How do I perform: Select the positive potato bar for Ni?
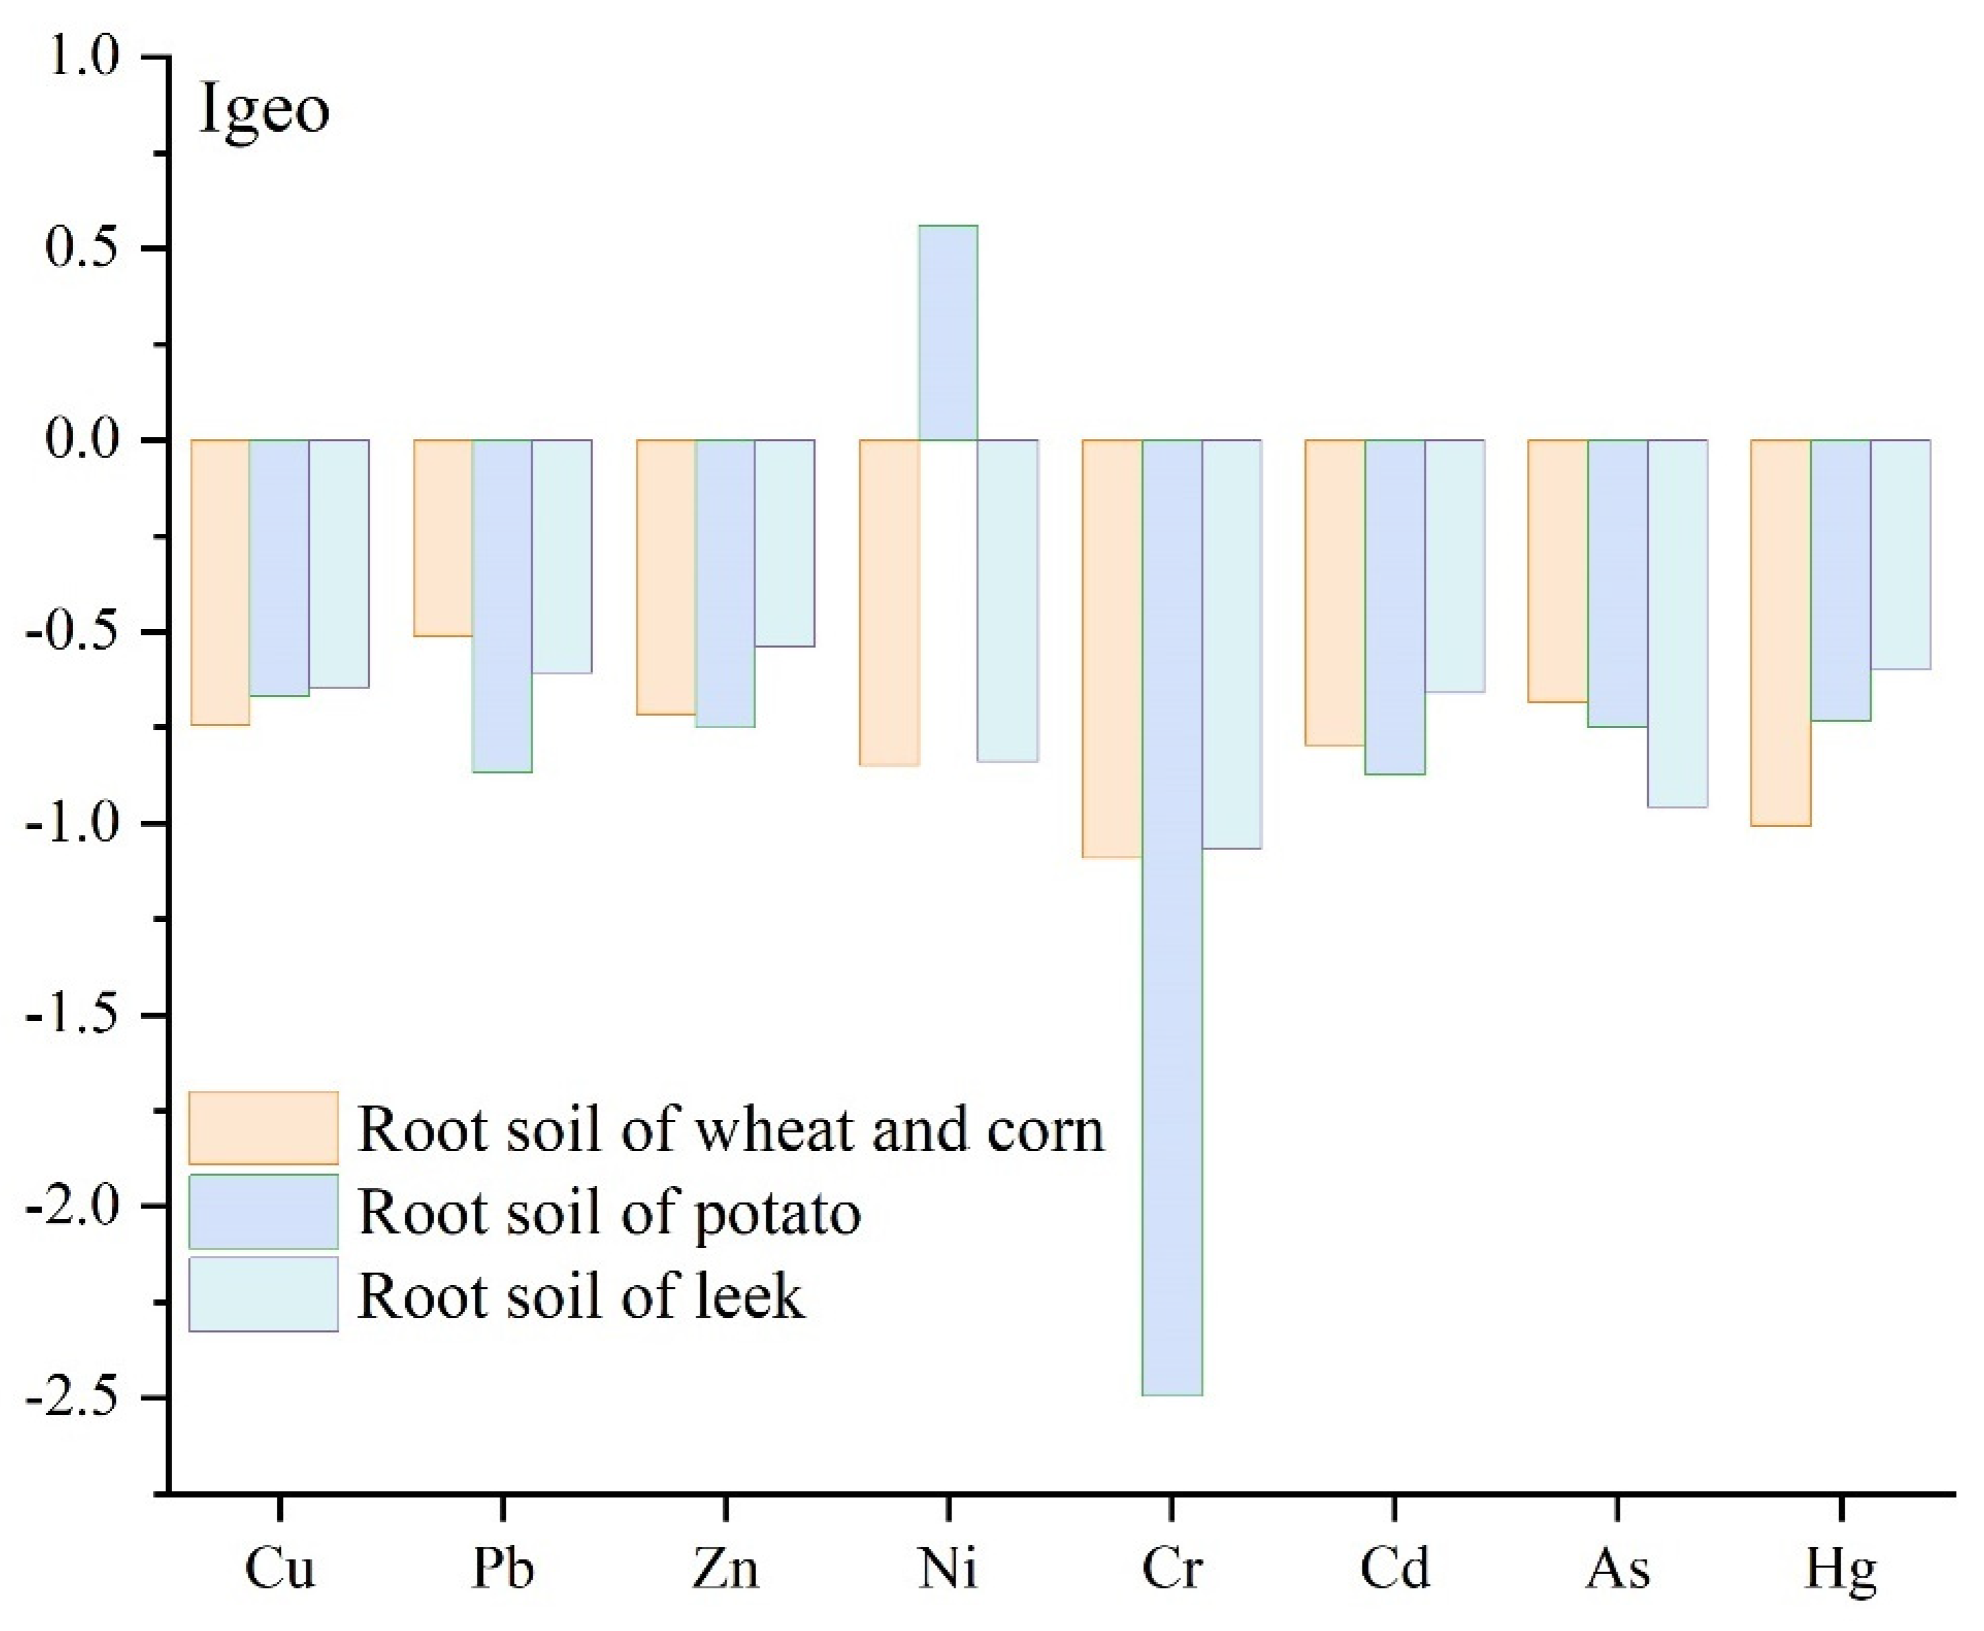coord(948,333)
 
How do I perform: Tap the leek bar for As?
coord(1678,623)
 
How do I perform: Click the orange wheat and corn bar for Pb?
coord(443,537)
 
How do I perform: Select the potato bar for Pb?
coord(502,606)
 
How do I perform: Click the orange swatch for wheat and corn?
coord(263,1127)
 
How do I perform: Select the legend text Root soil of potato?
coord(609,1212)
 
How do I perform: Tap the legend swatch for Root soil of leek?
coord(263,1294)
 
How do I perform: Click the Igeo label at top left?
coord(264,111)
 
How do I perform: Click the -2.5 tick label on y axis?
coord(75,1397)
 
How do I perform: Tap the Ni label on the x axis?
coord(948,1568)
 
